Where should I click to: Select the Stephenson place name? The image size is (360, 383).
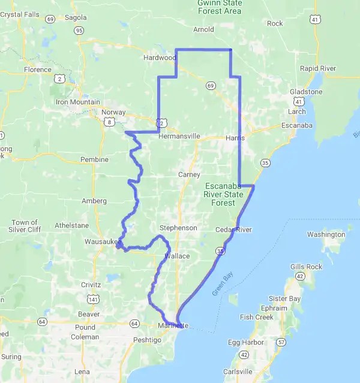click(x=178, y=228)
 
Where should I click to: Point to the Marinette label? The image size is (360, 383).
click(x=174, y=325)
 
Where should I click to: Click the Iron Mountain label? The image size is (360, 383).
click(x=78, y=102)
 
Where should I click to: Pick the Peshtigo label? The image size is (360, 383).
click(x=148, y=340)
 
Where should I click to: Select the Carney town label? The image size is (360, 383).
click(x=189, y=174)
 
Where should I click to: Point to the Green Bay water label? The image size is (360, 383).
click(x=222, y=284)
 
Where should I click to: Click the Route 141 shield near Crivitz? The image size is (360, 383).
click(x=93, y=298)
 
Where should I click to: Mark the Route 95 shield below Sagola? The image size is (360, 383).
click(x=80, y=29)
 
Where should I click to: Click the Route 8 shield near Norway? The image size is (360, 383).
click(x=109, y=122)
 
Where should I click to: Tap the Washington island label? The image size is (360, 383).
click(x=326, y=234)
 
